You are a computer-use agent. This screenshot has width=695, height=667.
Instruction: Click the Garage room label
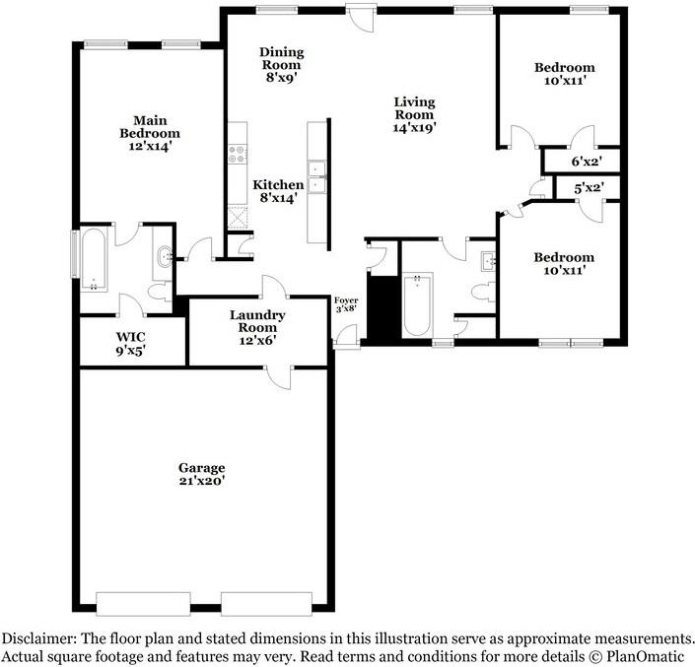point(201,467)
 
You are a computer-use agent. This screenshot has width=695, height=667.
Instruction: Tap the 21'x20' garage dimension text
point(201,482)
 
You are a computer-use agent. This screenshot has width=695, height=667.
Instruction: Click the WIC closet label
point(131,336)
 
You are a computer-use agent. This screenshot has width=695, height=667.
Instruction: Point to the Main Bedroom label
point(150,126)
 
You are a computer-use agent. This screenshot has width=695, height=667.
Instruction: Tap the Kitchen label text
point(278,184)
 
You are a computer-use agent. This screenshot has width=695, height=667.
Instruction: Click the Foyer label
point(345,300)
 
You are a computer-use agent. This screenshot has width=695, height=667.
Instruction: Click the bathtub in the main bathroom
point(94,260)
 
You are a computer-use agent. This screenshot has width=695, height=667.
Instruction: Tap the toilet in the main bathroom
point(158,292)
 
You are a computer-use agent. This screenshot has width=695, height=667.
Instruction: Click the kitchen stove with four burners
point(237,154)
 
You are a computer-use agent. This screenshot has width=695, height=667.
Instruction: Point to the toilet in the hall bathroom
point(480,292)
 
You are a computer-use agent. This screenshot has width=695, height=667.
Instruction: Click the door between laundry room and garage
point(279,375)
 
